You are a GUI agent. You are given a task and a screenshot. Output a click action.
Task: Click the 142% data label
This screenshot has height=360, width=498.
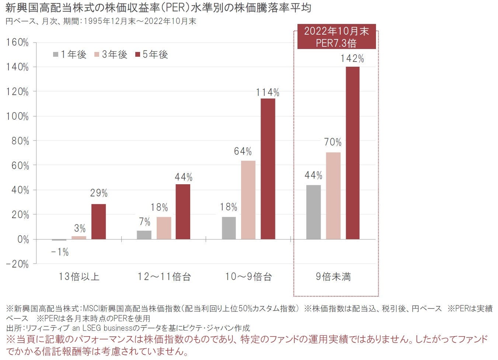pos(352,59)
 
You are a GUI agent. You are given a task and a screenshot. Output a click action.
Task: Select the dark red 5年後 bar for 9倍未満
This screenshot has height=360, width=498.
pos(352,153)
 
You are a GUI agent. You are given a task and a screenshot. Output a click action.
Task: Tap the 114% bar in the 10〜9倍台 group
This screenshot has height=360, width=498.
pos(268,169)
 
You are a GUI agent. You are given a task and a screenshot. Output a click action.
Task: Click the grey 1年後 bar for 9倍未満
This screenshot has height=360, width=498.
pos(313,212)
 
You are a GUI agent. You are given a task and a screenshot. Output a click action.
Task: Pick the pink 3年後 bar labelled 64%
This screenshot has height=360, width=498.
pos(248,200)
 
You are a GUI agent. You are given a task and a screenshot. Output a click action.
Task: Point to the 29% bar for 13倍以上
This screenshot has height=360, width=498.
pos(98,221)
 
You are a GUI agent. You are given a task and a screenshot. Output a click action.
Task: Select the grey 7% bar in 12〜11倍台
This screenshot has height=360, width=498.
pos(144,235)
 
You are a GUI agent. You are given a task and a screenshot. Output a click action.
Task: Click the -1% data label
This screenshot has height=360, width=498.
pos(60,252)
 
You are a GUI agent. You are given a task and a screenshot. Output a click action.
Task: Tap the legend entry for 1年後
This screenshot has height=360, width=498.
pos(69,55)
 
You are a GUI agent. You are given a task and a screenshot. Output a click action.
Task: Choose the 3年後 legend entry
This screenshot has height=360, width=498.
pos(111,55)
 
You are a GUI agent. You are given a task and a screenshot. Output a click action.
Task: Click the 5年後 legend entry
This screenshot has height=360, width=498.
pos(152,55)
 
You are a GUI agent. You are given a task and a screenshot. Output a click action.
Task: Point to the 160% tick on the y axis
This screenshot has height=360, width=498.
pos(17,42)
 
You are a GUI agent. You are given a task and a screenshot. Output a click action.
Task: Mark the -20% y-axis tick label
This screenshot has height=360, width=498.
pos(17,264)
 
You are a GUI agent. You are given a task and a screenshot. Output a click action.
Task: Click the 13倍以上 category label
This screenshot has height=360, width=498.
pos(79,277)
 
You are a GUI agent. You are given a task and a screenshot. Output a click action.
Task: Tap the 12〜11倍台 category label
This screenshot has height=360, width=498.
pos(164,277)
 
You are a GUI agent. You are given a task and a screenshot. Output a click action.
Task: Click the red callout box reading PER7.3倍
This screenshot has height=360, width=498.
pos(336,37)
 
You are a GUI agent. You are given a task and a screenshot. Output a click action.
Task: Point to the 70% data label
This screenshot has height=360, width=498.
pos(333,142)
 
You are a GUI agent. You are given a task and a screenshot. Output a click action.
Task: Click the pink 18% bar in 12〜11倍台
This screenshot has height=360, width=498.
pos(164,228)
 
